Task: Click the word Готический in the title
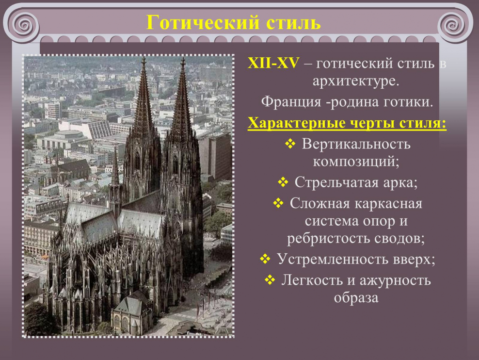click(195, 23)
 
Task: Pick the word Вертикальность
click(356, 144)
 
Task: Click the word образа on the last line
click(356, 297)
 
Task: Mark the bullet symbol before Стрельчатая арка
click(283, 182)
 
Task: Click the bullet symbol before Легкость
click(270, 280)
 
